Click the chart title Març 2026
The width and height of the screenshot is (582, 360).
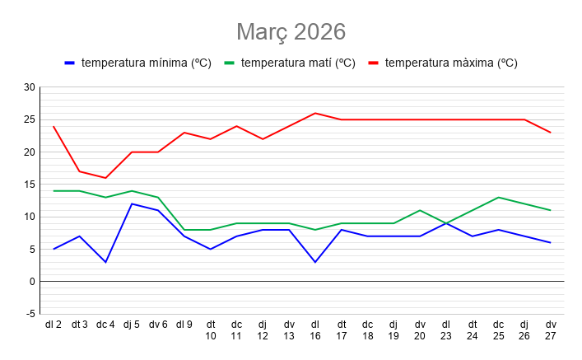point(291,31)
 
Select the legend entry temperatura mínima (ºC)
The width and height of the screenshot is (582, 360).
point(146,63)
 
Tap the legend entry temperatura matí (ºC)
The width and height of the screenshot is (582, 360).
point(297,63)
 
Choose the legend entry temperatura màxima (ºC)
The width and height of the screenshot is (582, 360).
point(450,63)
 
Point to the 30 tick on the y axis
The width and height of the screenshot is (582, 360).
point(30,87)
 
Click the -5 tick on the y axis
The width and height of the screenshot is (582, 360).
point(30,314)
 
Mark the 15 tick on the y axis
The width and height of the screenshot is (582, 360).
point(30,185)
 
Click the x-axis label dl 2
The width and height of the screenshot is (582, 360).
point(54,325)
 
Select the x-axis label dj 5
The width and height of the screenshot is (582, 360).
point(132,325)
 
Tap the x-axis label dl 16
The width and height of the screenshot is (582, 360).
point(315,330)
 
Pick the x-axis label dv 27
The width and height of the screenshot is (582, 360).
point(551,330)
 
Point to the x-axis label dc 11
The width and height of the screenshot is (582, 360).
point(236,330)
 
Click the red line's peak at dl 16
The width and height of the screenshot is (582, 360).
point(315,113)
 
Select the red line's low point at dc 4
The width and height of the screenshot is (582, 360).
point(105,178)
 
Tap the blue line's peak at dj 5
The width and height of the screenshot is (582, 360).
point(132,203)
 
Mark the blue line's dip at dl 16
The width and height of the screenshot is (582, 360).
point(315,262)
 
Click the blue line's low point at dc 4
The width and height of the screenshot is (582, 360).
point(105,262)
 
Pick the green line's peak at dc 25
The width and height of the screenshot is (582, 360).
point(498,197)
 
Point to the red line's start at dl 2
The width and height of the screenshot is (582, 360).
point(54,126)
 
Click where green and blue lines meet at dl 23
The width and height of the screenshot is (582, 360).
point(446,223)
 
